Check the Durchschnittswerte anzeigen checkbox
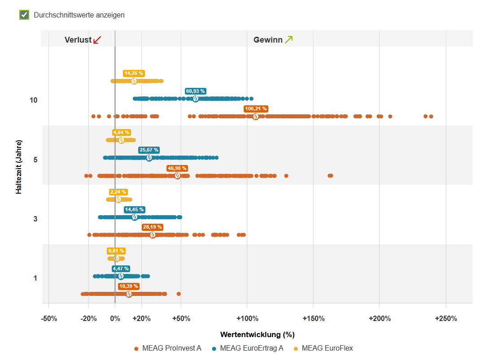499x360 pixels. coord(24,15)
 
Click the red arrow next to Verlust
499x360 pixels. coord(97,40)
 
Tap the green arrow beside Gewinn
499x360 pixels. coord(289,39)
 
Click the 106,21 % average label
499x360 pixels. coord(256,108)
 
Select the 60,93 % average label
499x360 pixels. coord(196,91)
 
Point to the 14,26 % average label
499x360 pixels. coord(134,73)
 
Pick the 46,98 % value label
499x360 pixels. coord(177,168)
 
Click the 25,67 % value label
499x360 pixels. coord(149,150)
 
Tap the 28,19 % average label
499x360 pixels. coord(153,227)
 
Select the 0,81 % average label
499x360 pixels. coord(116,251)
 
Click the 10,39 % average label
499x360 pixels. coord(129,286)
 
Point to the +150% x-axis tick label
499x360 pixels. coord(313,319)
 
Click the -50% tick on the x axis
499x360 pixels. coord(49,319)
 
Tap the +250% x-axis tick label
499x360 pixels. coord(446,319)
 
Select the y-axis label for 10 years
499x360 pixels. coord(34,100)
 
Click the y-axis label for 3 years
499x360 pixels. coord(35,219)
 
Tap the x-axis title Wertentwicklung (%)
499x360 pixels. coord(257,334)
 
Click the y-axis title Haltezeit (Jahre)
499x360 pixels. coord(19,167)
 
